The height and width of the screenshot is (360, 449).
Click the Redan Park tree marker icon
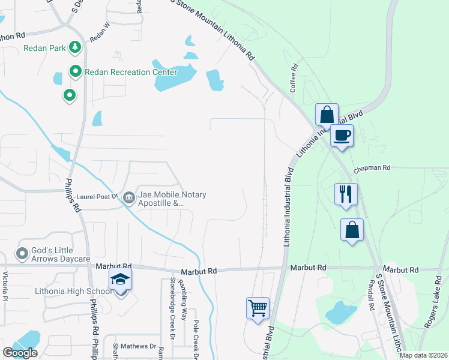click(x=75, y=47)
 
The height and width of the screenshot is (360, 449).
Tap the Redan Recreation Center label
click(x=131, y=73)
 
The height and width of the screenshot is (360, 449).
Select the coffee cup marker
click(x=342, y=135)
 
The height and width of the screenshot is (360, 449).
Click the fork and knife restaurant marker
click(x=346, y=194)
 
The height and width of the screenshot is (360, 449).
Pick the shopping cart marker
click(x=258, y=308)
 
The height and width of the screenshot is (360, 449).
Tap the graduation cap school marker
click(x=120, y=279)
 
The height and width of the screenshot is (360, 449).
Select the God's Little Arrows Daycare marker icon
click(x=22, y=254)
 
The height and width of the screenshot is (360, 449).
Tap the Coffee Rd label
click(x=294, y=79)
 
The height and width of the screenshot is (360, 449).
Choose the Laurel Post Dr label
click(x=98, y=196)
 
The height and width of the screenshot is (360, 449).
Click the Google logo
click(x=20, y=353)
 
